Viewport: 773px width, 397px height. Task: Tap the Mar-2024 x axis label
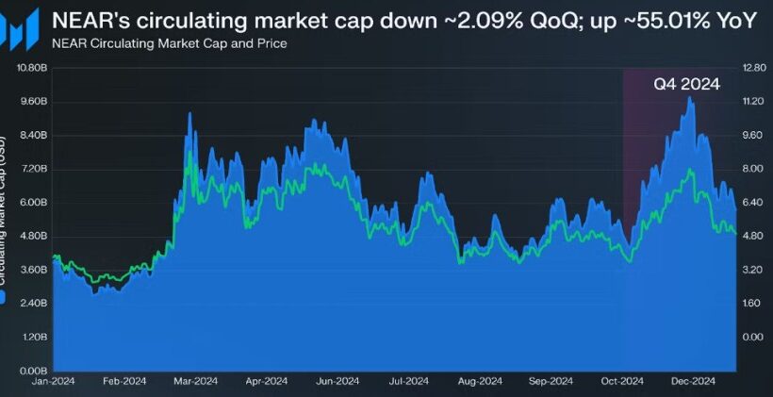click(195, 382)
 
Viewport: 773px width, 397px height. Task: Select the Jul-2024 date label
click(409, 382)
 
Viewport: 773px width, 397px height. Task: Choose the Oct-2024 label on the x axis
click(621, 382)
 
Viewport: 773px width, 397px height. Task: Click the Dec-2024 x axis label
click(693, 382)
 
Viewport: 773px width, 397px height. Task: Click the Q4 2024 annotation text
click(686, 85)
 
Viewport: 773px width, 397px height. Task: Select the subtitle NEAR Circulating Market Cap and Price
click(170, 43)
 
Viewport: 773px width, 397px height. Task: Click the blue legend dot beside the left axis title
click(6, 298)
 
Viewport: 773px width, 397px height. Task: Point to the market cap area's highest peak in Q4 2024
click(690, 97)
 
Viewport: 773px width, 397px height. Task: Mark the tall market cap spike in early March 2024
click(189, 113)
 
